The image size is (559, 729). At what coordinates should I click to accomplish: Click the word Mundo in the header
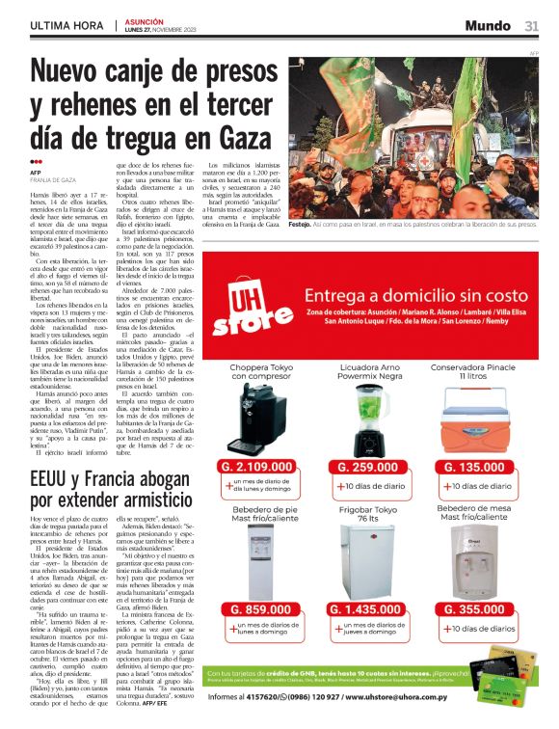[x=488, y=25]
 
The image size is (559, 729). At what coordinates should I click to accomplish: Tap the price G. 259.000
[x=370, y=467]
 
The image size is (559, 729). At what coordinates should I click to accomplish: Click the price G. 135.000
[x=479, y=467]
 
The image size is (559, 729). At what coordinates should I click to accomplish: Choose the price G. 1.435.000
[x=370, y=609]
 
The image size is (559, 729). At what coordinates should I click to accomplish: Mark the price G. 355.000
[x=479, y=609]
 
